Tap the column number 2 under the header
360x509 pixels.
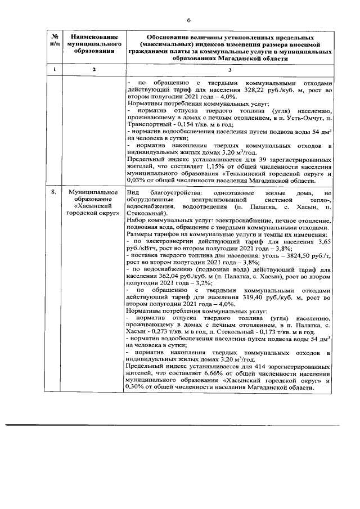[x=94, y=69]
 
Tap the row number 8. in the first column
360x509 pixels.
[x=53, y=193]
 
